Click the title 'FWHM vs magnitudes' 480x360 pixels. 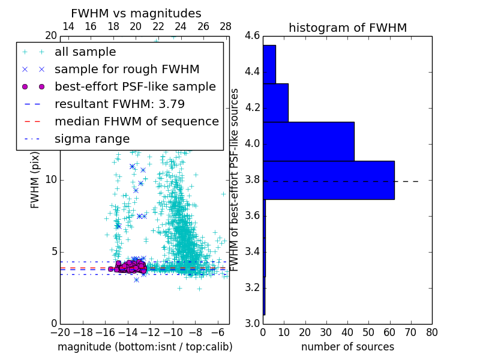(x=136, y=13)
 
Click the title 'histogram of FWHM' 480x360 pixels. (x=347, y=28)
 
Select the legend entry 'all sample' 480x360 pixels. (x=85, y=52)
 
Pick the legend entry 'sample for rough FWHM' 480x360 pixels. (x=127, y=70)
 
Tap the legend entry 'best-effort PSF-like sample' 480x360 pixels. (x=135, y=86)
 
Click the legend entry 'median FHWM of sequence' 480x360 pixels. (x=136, y=121)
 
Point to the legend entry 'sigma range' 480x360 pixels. (x=92, y=139)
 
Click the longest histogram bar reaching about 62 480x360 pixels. (x=329, y=180)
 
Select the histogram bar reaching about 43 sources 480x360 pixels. (x=308, y=141)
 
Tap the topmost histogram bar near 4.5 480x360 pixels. (x=269, y=64)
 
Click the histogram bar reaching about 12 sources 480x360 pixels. (x=275, y=103)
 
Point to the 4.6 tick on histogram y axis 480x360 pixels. (x=253, y=36)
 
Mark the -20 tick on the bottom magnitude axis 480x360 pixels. (x=60, y=332)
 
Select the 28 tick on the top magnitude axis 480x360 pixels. (x=226, y=27)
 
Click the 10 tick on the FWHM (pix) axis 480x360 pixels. (x=50, y=180)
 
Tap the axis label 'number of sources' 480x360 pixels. (x=347, y=347)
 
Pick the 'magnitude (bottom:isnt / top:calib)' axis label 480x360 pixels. (x=145, y=347)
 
